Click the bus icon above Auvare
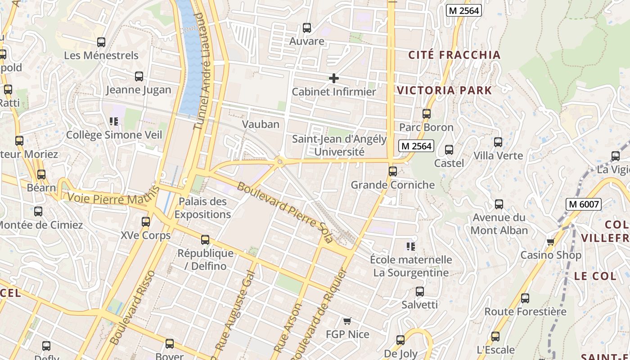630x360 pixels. (307, 28)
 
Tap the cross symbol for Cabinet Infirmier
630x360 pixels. (333, 78)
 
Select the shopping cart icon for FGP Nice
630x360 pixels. (347, 321)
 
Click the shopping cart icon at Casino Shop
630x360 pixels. (550, 242)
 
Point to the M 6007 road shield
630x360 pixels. (584, 204)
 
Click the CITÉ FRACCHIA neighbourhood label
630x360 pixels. (454, 55)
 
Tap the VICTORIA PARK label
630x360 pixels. (445, 90)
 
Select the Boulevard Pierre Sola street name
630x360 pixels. (284, 212)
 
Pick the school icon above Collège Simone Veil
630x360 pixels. (114, 121)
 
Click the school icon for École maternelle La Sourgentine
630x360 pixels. (410, 246)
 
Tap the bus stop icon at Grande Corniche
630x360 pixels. (393, 171)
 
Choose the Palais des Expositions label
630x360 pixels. (202, 207)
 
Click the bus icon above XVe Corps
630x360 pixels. (146, 222)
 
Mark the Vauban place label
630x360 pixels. (261, 124)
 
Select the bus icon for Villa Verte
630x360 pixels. (498, 142)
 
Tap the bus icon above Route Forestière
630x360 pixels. (525, 298)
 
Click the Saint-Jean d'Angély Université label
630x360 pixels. (339, 145)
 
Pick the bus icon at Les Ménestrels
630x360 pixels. (101, 42)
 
